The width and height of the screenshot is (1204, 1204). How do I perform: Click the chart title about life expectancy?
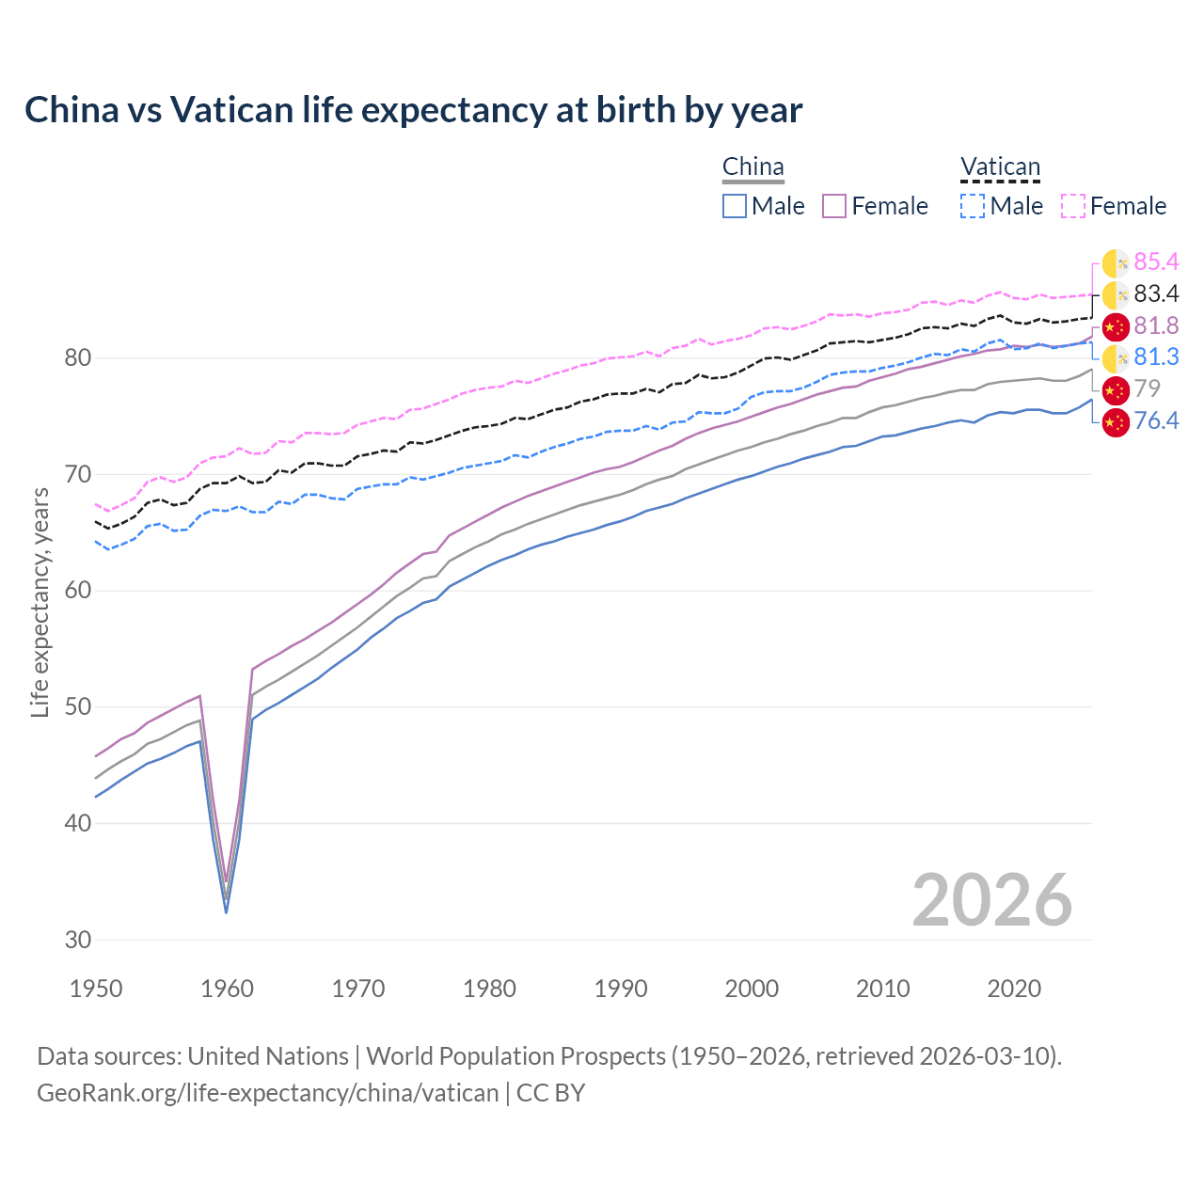(x=413, y=110)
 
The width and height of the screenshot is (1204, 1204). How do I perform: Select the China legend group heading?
(x=752, y=167)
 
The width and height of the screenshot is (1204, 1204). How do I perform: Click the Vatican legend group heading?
(x=1000, y=168)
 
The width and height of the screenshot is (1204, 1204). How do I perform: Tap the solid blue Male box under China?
(x=735, y=206)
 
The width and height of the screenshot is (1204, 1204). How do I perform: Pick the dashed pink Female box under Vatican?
(x=1073, y=206)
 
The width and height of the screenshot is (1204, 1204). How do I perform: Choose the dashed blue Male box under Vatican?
(x=973, y=206)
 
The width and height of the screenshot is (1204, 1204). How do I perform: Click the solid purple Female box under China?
(x=834, y=206)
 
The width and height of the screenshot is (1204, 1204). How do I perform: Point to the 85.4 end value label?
(x=1156, y=262)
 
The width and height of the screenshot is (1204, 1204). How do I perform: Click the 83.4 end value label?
(x=1156, y=294)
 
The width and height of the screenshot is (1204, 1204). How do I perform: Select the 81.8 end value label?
(x=1156, y=325)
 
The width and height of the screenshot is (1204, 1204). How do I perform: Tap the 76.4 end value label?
(x=1156, y=420)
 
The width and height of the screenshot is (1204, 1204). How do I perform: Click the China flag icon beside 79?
(x=1116, y=388)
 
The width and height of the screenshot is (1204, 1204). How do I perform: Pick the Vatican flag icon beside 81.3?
(x=1116, y=357)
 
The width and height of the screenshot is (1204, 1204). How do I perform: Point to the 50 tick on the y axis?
(x=78, y=707)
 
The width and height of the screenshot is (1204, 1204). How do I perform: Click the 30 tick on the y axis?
(x=78, y=940)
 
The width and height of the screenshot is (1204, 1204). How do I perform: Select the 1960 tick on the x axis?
(x=228, y=989)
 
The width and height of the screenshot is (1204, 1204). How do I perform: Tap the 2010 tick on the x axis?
(x=882, y=989)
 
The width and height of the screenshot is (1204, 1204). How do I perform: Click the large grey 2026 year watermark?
(x=991, y=900)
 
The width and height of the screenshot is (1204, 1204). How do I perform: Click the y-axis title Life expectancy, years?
(x=40, y=602)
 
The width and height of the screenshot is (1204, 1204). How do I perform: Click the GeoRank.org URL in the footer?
(x=268, y=1093)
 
